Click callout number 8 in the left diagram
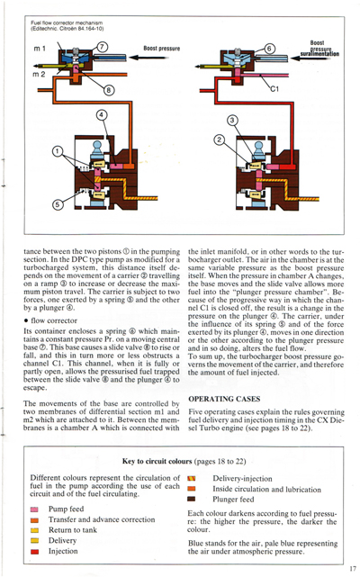[109, 89]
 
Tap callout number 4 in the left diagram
[102, 114]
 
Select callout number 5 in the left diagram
[58, 204]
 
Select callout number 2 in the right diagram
[218, 139]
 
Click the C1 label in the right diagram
[276, 90]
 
